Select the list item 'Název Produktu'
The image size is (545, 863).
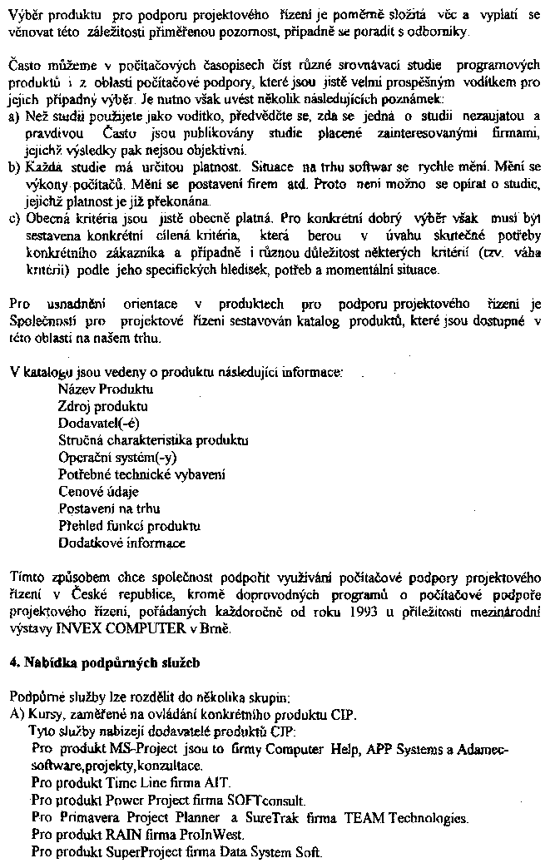pos(106,389)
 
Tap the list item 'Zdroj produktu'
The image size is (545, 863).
pos(103,406)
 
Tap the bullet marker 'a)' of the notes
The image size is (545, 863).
pos(12,117)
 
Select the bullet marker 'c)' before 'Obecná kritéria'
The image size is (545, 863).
pos(12,219)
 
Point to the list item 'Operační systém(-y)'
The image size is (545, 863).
pos(117,457)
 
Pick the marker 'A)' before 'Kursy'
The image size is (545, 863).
pos(15,713)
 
